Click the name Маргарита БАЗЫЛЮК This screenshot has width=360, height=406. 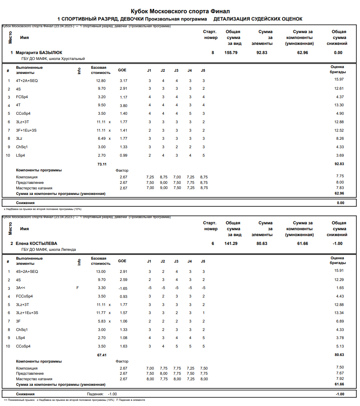pos(39,53)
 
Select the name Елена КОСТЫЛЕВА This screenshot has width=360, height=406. pos(36,243)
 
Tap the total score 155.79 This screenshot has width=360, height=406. pos(231,53)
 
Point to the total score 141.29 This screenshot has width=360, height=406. pos(231,243)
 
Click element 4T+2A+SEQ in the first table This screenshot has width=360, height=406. pos(27,81)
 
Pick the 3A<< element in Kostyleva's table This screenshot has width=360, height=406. pos(21,288)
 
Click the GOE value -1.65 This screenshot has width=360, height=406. pos(122,289)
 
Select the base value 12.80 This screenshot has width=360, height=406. pos(101,81)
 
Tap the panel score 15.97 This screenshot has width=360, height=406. pos(339,79)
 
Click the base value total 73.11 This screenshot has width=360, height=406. pos(102,164)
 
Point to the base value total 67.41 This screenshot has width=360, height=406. pos(102,355)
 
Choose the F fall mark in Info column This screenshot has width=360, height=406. pos(77,288)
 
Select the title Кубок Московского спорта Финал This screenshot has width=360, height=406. pos(180,11)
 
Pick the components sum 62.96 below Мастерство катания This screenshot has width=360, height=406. pos(339,193)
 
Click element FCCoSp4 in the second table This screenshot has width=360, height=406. pos(24,296)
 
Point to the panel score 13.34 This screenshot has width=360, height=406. pos(339,313)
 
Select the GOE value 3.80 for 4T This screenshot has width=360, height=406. pos(123,105)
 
